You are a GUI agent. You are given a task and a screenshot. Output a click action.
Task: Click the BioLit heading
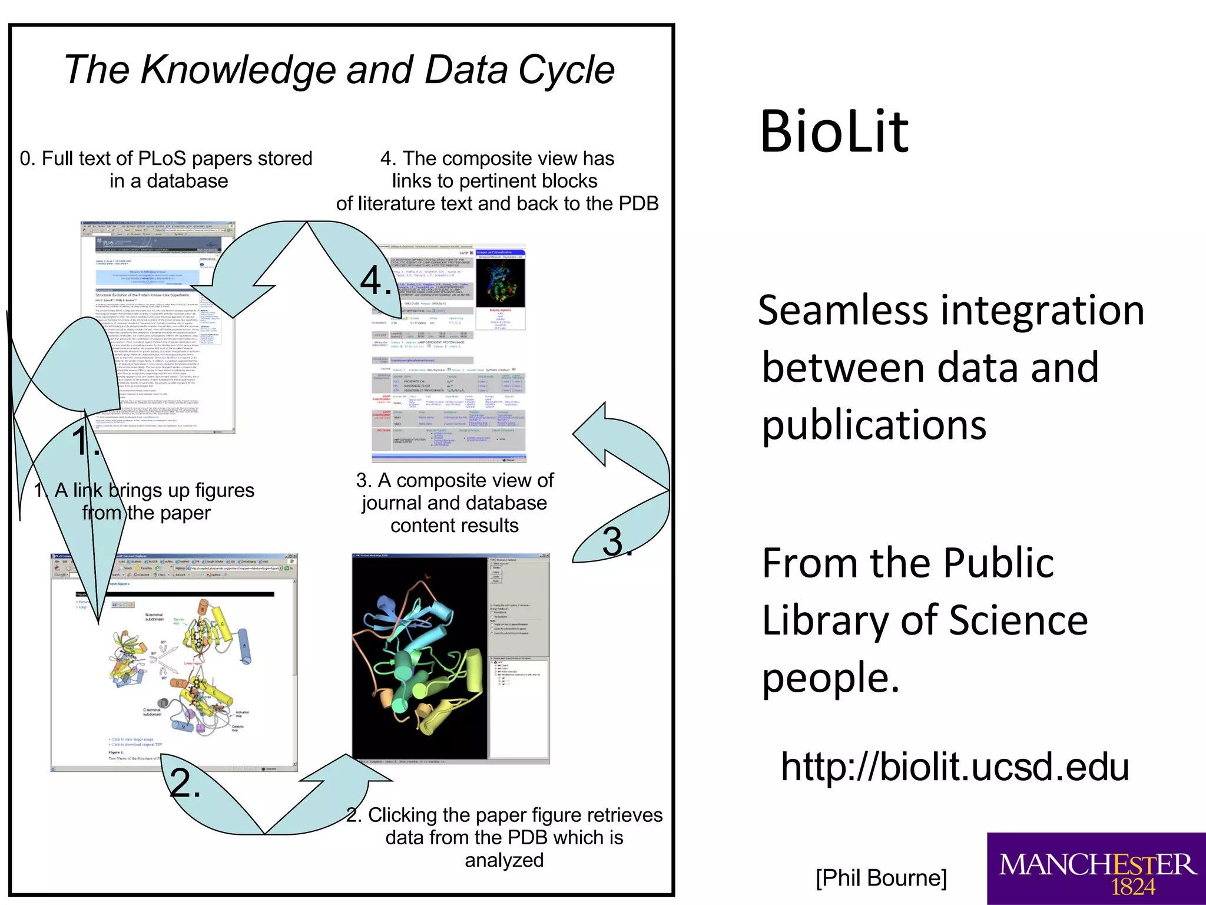[x=834, y=132]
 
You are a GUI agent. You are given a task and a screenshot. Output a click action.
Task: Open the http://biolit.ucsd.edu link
[x=955, y=767]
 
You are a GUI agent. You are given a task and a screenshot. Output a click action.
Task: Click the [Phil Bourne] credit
[x=881, y=878]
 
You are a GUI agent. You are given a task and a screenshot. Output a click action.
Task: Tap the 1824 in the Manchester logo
[x=1132, y=887]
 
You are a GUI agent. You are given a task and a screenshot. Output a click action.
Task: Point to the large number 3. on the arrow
[x=616, y=541]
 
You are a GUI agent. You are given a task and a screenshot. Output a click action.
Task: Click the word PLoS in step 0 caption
[x=162, y=158]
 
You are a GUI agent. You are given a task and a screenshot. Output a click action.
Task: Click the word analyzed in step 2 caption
[x=504, y=860]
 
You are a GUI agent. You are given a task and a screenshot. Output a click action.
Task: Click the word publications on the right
[x=874, y=425]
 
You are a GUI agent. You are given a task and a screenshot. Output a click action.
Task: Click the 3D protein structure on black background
[x=420, y=656]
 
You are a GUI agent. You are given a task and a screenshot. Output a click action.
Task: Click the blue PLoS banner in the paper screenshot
[x=158, y=244]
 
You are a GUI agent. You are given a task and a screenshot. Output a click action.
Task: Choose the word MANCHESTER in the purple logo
[x=1097, y=864]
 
